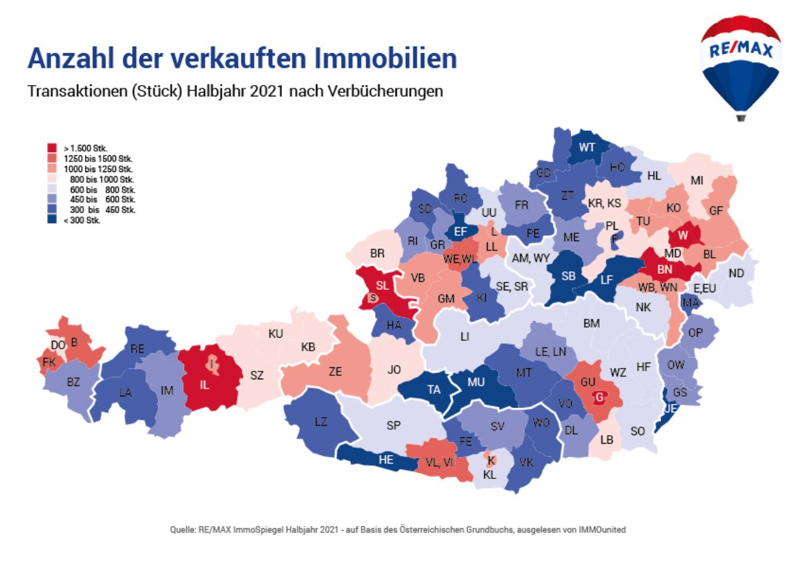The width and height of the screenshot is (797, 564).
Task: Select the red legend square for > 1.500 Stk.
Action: point(51,147)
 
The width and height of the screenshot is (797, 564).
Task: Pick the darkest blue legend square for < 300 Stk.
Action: point(51,221)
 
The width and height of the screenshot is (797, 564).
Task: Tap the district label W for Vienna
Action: point(682,235)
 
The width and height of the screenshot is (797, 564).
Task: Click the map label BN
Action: point(665,269)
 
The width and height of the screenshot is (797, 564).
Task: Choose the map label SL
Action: point(382,286)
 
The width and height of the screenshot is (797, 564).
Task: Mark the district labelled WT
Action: point(587,147)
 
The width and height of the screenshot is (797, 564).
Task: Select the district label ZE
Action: point(335,372)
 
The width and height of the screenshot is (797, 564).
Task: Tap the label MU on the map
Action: point(476,383)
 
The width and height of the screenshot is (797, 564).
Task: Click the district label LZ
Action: point(321,421)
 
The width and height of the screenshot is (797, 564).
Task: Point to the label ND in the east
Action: point(736,273)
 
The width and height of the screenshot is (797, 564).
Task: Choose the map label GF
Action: point(715,211)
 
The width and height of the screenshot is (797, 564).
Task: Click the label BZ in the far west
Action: point(74,381)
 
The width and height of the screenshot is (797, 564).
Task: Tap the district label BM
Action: point(591,324)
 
